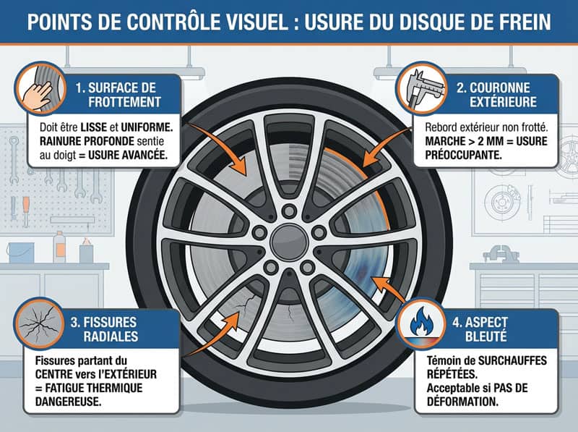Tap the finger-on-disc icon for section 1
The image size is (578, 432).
pyautogui.click(x=39, y=85)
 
